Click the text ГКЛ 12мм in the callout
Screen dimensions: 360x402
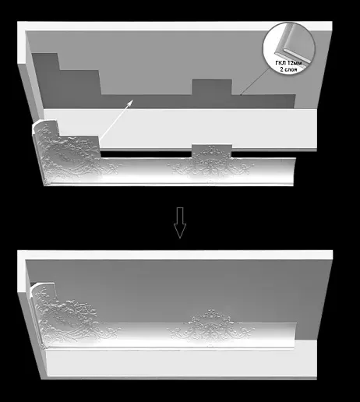[288, 63]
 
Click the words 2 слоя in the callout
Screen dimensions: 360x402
[288, 69]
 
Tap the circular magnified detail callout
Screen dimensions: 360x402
[289, 48]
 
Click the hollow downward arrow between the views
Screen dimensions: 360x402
[180, 223]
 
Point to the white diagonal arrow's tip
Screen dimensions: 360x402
[133, 100]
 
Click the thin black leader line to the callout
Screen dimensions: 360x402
[256, 81]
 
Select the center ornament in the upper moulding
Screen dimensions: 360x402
[211, 163]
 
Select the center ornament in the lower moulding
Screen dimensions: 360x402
[211, 325]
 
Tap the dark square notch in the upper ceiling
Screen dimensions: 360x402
[212, 87]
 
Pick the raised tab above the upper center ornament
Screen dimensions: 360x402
[212, 150]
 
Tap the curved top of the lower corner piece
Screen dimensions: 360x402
[42, 287]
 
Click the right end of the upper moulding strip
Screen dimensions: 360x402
[294, 171]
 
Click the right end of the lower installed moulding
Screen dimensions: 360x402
[295, 335]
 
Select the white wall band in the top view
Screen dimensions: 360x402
[180, 129]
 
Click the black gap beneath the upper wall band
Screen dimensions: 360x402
[146, 154]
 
